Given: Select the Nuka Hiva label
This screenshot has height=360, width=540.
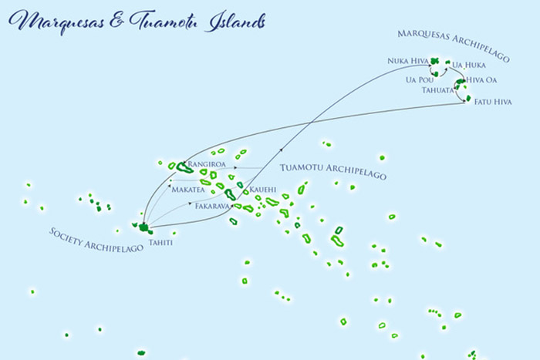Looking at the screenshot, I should (x=408, y=60).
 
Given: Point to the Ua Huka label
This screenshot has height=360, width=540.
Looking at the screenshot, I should (x=469, y=65).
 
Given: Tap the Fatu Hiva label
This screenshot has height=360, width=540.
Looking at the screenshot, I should (x=492, y=101).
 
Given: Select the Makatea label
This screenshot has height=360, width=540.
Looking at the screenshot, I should (x=188, y=189).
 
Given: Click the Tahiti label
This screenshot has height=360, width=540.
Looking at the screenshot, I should (x=162, y=244).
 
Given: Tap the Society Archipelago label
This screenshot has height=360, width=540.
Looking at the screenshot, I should (x=96, y=244).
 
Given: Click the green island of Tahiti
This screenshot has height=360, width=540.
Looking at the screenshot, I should (x=143, y=227).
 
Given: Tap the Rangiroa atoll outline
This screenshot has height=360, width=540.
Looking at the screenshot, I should (x=184, y=167).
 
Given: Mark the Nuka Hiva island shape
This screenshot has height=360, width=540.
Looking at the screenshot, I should (x=435, y=60).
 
